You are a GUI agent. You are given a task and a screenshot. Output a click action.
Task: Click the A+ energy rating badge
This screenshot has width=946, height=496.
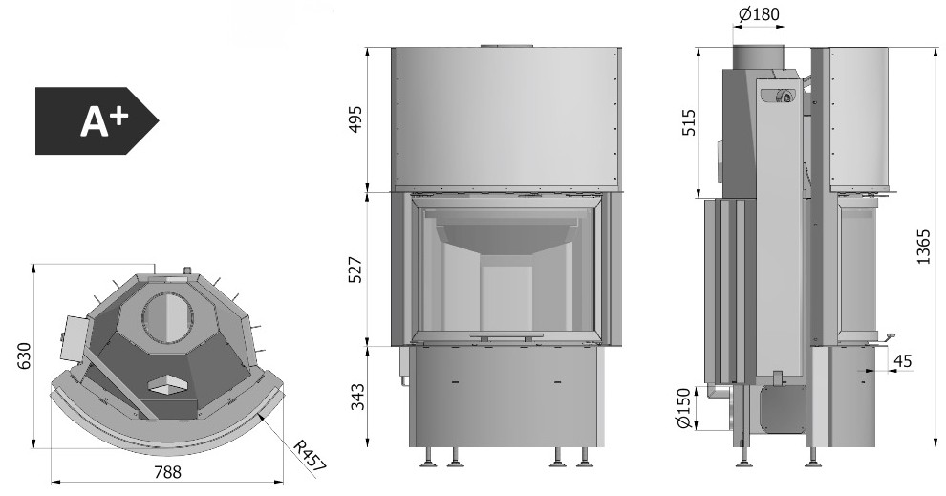pyautogui.click(x=97, y=120)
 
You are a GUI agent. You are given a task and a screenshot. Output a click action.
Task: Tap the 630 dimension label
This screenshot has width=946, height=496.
pyautogui.click(x=23, y=356)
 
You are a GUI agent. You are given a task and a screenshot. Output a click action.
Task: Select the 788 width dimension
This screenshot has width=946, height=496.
pyautogui.click(x=167, y=471)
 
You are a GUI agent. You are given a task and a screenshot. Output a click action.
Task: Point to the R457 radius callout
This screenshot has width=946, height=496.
pyautogui.click(x=310, y=456)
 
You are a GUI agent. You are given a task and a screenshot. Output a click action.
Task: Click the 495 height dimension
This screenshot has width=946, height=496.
pyautogui.click(x=356, y=119)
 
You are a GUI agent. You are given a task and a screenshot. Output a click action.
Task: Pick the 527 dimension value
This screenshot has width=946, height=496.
pyautogui.click(x=356, y=270)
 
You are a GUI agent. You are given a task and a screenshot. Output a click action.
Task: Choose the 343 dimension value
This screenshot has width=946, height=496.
pyautogui.click(x=357, y=397)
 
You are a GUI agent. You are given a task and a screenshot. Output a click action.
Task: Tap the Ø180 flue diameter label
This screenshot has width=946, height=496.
pyautogui.click(x=759, y=14)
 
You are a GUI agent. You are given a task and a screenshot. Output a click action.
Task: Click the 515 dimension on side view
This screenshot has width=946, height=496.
pyautogui.click(x=689, y=122)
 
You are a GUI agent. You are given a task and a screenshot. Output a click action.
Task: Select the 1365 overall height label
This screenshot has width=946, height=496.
pyautogui.click(x=924, y=247)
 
